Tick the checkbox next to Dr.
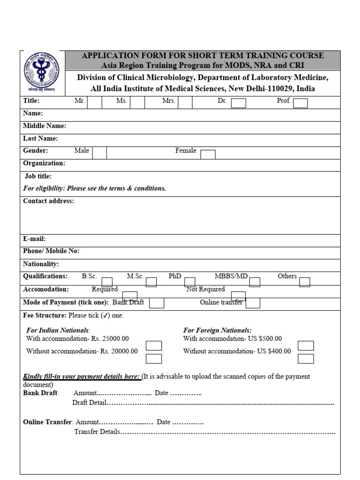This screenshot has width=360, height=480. coord(238,103)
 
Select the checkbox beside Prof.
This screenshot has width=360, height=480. coord(300,103)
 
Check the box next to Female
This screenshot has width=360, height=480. coord(208,154)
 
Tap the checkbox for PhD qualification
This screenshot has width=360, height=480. coord(190,282)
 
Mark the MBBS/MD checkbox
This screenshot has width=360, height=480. coord(255,282)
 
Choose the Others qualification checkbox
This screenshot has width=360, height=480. coord(305,282)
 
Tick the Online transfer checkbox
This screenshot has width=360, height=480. coord(253,303)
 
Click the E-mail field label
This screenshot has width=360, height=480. coord(34,239)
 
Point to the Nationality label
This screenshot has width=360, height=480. coord(41,264)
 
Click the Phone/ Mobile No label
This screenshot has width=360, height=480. coord(51,251)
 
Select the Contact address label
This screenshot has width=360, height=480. coord(48,201)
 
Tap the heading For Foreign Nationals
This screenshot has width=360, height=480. coord(217,330)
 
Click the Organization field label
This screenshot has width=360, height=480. coord(44,163)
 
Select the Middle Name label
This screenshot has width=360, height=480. coord(45,126)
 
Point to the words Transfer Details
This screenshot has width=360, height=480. coord(97,431)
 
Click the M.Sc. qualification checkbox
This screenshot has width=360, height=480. coord(151,282)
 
